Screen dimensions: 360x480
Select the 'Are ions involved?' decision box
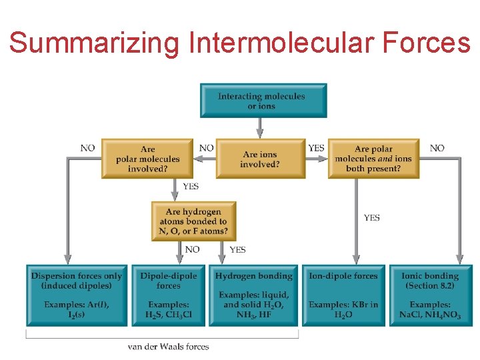260,159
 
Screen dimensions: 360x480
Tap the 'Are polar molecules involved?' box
147,159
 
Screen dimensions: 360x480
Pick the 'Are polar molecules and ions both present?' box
373,159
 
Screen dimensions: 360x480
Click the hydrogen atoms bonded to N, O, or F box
193,221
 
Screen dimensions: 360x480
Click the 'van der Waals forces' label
168,347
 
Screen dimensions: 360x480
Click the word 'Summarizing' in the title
95,44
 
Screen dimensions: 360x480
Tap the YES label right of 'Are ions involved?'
316,148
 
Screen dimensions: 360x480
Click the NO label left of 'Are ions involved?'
207,148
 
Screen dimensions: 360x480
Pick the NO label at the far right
437,148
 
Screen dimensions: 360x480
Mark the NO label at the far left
87,148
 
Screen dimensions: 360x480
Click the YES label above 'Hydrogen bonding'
237,250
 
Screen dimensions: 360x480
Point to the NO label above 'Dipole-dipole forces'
192,250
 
